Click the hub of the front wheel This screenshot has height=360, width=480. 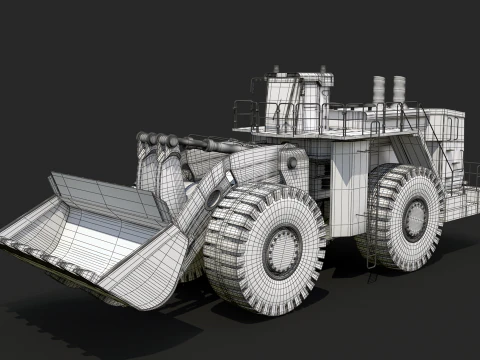coord(281,247)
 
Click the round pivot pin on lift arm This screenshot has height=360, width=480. coord(213,197)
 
